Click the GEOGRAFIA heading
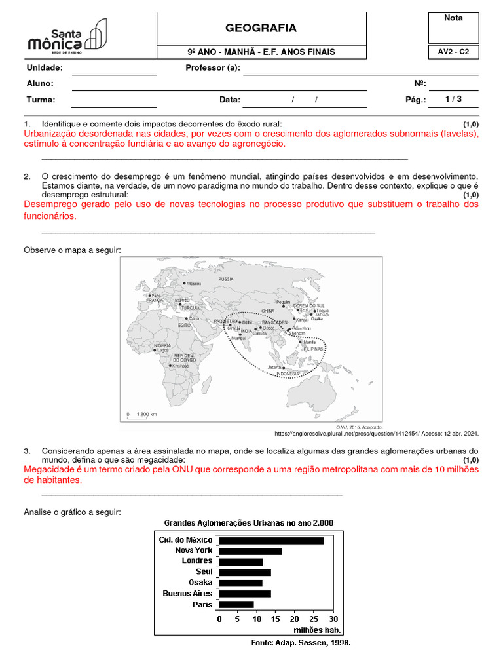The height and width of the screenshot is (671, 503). pos(261,28)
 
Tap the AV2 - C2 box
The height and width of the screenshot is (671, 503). pos(453,52)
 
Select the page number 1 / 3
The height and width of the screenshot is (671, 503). pos(453,100)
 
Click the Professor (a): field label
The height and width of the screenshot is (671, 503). pos(213,67)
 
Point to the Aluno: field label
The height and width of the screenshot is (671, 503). pos(40,84)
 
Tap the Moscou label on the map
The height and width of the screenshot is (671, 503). pos(193,284)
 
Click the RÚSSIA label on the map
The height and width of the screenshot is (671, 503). pos(225,278)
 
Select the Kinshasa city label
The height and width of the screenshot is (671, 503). pos(180,366)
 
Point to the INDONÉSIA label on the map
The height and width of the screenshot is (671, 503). pos(288,374)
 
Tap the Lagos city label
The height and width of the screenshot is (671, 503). pos(162,350)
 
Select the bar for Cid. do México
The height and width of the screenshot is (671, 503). pos(271,541)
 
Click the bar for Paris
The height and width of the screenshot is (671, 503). pos(236,604)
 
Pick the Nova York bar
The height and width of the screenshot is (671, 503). pos(250,551)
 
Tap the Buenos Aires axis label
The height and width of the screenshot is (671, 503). pos(188,594)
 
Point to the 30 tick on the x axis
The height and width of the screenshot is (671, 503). pos(333,619)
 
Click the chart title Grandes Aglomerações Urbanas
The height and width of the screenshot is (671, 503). pos(248,523)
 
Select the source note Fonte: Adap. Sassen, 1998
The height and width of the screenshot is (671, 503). pos(301,643)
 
